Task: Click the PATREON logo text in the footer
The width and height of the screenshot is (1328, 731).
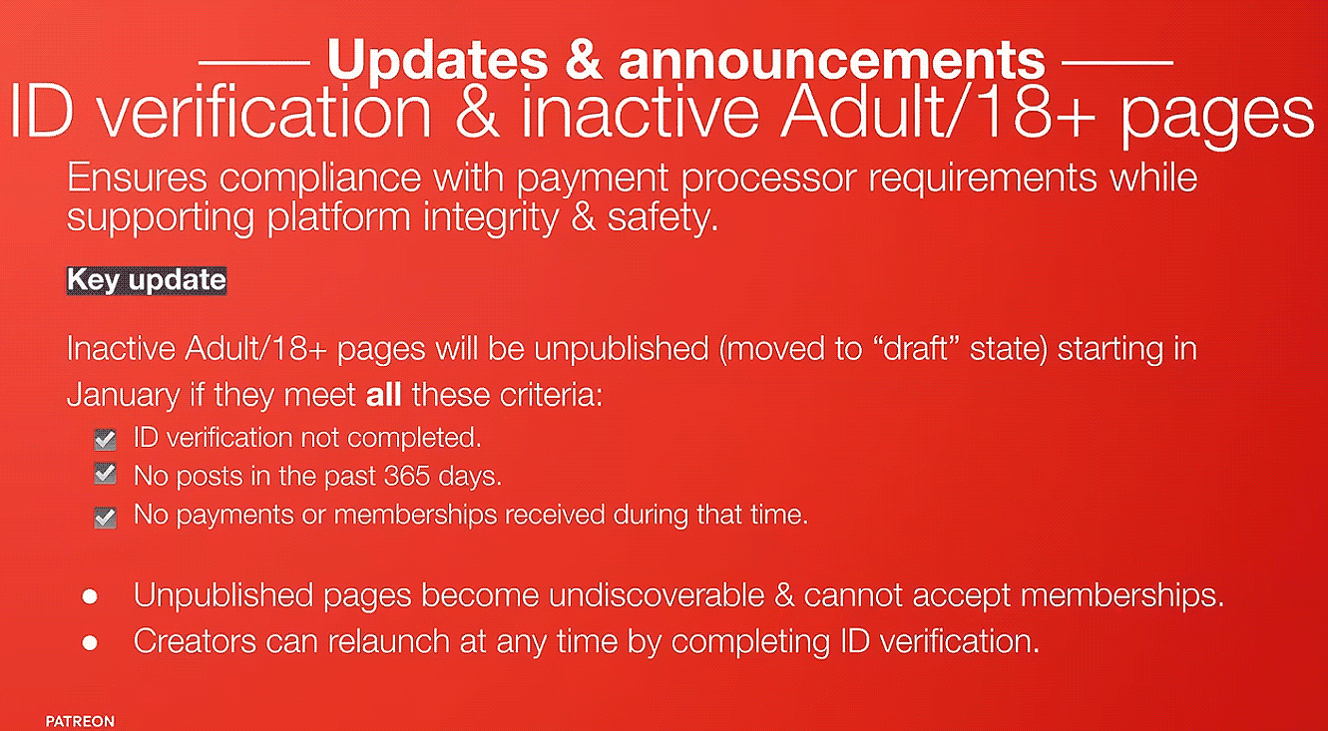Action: point(80,721)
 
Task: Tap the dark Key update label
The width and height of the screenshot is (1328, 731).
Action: point(147,280)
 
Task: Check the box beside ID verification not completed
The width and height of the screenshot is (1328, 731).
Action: point(105,440)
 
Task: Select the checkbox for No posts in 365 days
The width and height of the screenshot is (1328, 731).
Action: point(105,474)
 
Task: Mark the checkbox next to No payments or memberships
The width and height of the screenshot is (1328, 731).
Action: point(105,517)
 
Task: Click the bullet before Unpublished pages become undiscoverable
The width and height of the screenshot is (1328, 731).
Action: point(90,596)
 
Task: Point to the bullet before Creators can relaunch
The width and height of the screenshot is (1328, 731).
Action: point(90,642)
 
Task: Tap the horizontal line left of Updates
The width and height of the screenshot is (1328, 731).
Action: point(254,61)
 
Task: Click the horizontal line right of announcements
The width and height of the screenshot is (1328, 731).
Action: point(1117,61)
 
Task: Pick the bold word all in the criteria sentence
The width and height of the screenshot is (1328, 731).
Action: point(383,395)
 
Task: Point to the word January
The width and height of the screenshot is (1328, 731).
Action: point(124,396)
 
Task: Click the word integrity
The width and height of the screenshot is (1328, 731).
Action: point(491,218)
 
